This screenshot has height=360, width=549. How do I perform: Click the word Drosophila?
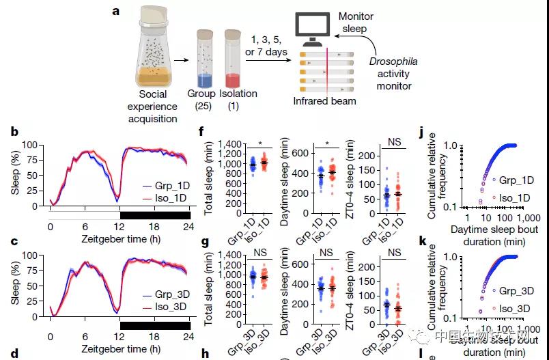(393, 61)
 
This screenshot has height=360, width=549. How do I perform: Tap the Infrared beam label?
(325, 101)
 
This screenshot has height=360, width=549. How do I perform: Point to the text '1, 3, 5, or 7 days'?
(267, 46)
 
